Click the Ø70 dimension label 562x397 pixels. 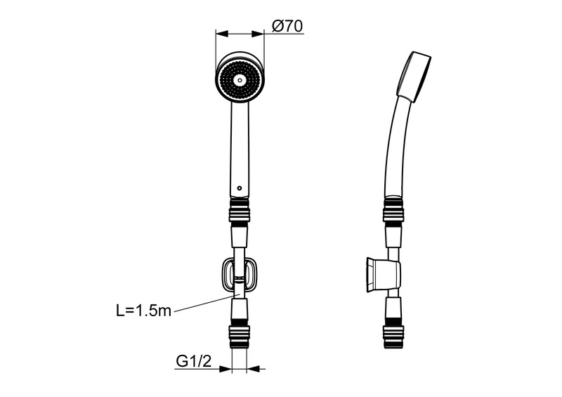[287, 27]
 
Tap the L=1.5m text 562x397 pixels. [143, 310]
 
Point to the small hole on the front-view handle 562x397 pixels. [239, 189]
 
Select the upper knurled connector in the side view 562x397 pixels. [393, 210]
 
